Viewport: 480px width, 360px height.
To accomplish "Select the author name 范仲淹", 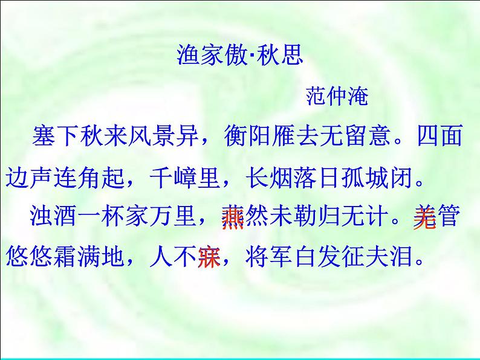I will coord(337,96).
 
